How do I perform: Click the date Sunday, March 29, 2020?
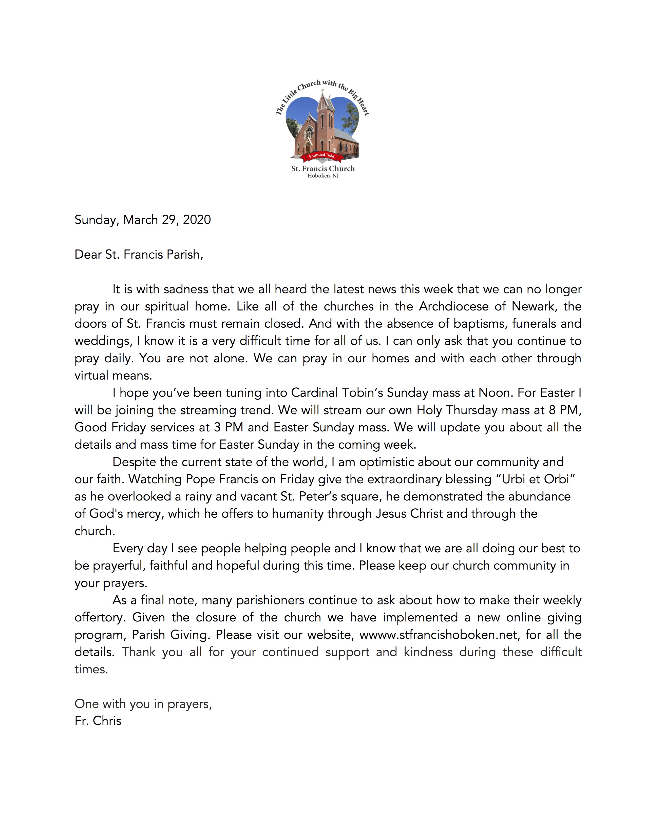[142, 220]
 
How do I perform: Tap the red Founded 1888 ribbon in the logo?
[321, 156]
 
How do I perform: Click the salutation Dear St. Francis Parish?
[139, 255]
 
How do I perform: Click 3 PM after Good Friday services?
[229, 427]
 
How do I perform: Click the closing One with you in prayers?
[143, 704]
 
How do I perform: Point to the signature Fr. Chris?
[98, 721]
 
